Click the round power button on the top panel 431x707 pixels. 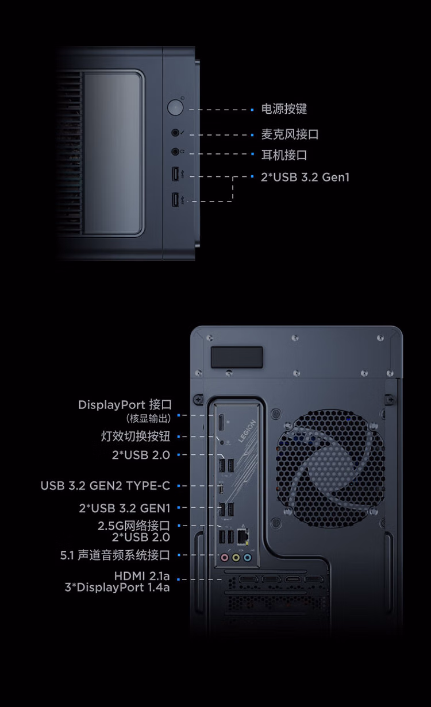point(175,107)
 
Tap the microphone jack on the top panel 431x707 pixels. point(175,133)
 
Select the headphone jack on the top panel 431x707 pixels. point(175,152)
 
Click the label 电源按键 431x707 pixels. point(284,109)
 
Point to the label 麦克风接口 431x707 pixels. point(290,134)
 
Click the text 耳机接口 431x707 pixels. point(284,155)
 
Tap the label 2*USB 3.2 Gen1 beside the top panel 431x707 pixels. point(305,177)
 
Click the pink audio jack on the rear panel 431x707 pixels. point(225,558)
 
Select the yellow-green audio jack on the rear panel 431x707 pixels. point(236,558)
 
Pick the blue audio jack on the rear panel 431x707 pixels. point(247,558)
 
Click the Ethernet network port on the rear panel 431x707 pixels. point(243,536)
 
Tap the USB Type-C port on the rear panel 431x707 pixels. point(222,488)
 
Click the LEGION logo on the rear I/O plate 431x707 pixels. point(247,431)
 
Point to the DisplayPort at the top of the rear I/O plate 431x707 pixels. point(221,422)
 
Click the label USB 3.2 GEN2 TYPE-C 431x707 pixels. point(105,486)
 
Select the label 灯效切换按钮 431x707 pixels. point(136,436)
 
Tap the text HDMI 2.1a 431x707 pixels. point(142,576)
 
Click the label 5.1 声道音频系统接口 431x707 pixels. point(115,555)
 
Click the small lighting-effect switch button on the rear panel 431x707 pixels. point(222,442)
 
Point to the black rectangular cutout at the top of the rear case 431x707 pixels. point(237,357)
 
